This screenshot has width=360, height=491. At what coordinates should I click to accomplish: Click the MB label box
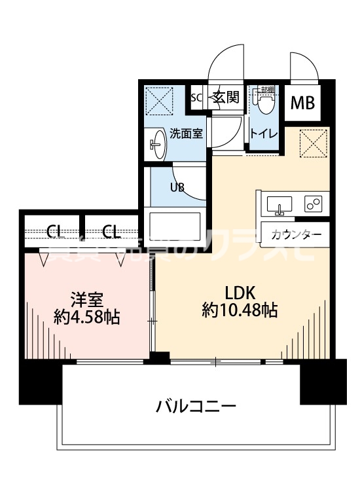(x=302, y=103)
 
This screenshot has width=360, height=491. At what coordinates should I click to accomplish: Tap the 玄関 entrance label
(x=224, y=98)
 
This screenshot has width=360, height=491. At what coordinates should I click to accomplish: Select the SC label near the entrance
(x=196, y=98)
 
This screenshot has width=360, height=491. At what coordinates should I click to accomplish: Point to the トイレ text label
(x=264, y=134)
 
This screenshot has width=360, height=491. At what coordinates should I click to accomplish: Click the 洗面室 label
(x=187, y=134)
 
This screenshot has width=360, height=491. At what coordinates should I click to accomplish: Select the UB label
(x=177, y=187)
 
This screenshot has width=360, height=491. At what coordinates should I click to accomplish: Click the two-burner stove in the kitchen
(x=312, y=204)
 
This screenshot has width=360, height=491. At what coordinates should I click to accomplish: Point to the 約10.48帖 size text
(x=240, y=310)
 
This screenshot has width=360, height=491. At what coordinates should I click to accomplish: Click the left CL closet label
(x=54, y=230)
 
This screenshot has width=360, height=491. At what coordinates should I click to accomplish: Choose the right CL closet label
(x=111, y=230)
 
